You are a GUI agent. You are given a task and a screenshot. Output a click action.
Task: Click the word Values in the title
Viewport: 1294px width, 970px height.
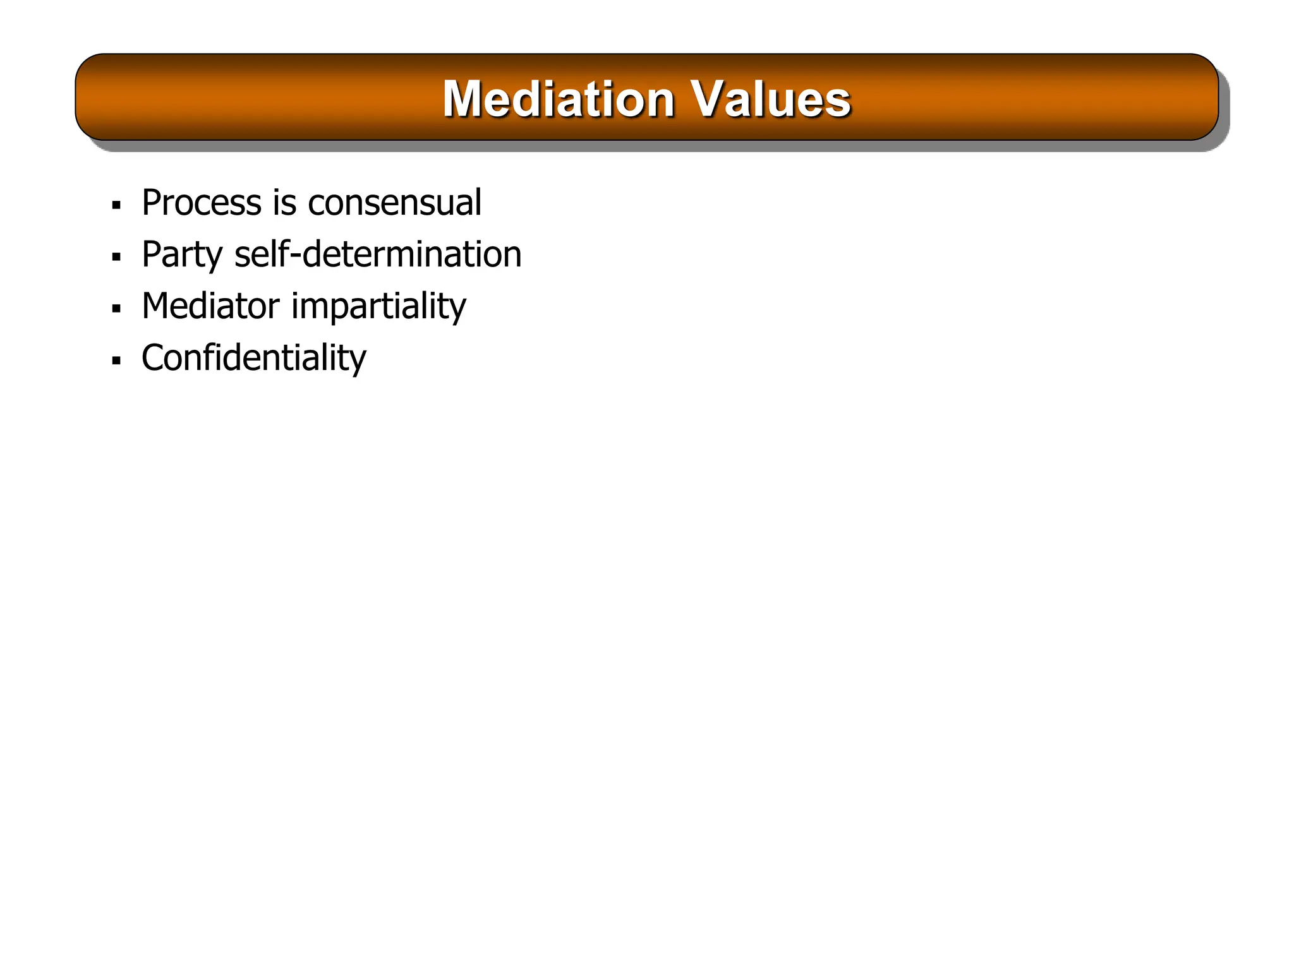[770, 99]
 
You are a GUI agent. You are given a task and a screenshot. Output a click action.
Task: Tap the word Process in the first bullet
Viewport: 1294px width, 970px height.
[201, 203]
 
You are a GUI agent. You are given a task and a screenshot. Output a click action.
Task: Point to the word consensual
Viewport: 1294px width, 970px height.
[394, 203]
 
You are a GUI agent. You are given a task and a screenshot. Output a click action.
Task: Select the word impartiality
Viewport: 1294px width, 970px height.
[378, 307]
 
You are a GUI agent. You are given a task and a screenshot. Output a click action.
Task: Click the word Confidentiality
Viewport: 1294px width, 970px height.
[253, 358]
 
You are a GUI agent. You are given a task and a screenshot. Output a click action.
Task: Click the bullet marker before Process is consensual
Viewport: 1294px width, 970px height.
[116, 205]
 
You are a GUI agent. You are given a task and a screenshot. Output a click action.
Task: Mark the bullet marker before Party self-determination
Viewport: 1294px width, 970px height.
[116, 257]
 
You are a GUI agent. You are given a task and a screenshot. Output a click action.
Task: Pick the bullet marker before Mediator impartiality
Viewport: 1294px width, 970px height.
[116, 309]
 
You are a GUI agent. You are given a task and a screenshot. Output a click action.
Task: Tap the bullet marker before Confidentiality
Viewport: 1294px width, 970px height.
[116, 361]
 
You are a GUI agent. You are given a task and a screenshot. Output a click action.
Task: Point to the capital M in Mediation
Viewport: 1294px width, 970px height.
[463, 99]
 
